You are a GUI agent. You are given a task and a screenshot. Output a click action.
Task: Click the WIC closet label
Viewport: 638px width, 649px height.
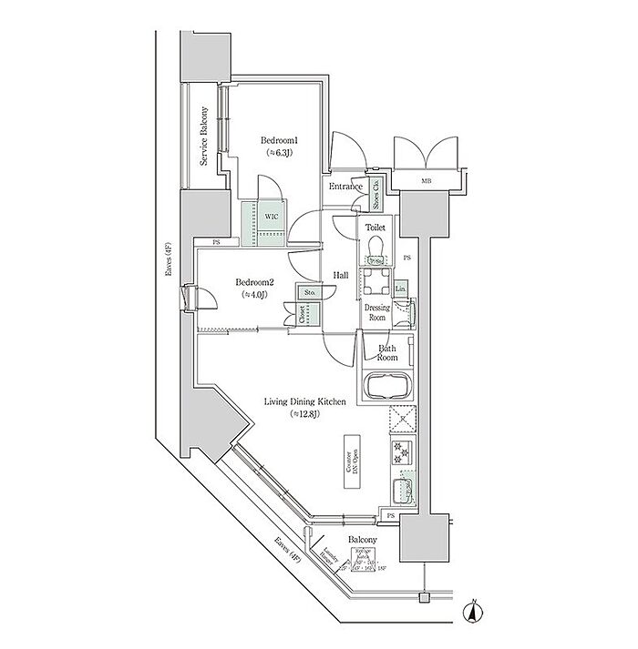(x=271, y=218)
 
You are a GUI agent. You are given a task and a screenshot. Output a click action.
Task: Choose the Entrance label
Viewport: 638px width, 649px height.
(x=346, y=188)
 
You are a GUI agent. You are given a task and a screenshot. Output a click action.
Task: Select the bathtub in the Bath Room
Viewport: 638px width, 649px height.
(x=389, y=386)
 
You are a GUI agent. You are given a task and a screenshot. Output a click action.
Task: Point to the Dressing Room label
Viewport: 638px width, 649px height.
(x=377, y=313)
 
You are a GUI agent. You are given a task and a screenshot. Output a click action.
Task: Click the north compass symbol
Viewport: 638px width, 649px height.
(x=473, y=614)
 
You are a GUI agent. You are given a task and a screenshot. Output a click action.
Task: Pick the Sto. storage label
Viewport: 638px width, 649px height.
(x=309, y=294)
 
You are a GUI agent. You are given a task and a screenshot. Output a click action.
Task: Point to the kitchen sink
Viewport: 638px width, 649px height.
(x=402, y=492)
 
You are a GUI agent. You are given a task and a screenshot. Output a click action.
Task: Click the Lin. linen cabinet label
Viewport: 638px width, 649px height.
(x=401, y=289)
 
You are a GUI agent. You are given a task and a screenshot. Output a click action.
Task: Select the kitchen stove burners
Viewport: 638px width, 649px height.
(x=402, y=451)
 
